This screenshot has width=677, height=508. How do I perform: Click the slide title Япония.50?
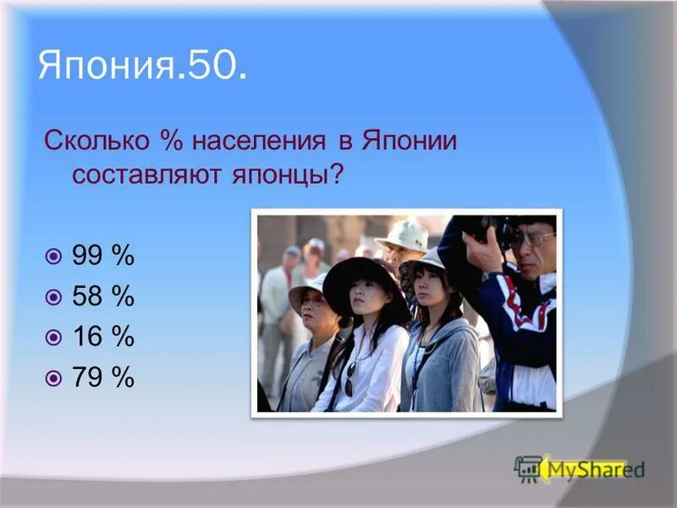coord(143,66)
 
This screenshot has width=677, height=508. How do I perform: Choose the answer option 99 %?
coord(103,255)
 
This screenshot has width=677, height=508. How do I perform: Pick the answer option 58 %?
coord(103,296)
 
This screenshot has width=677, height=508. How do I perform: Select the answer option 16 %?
coord(103,337)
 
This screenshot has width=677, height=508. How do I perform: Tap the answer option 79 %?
coord(103,378)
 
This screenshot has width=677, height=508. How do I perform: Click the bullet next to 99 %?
coord(54,256)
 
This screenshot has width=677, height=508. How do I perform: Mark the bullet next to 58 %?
coord(54,297)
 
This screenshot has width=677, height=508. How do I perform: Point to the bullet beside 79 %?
coord(54,378)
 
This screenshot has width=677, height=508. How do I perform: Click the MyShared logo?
coord(581,468)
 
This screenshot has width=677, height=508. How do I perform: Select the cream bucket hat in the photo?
coord(404,235)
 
